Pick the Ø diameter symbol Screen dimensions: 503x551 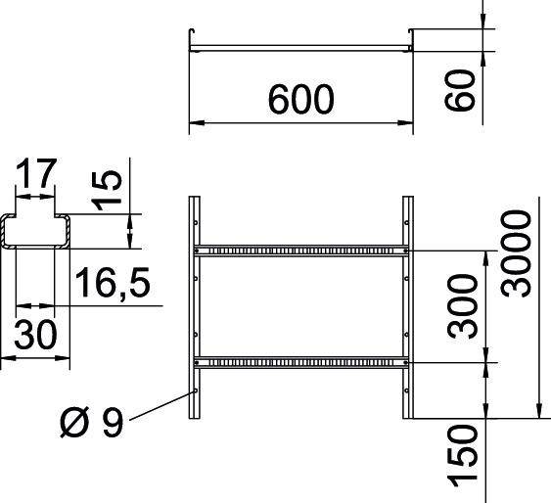click(74, 424)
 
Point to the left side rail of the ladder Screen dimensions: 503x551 click(194, 308)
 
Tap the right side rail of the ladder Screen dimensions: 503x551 click(407, 308)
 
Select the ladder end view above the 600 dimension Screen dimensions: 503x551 click(299, 45)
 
